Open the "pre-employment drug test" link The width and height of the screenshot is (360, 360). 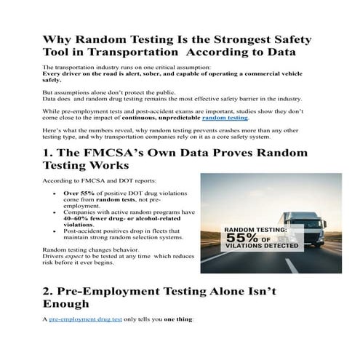coord(79,319)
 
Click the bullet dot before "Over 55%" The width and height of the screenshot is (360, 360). coord(57,194)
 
